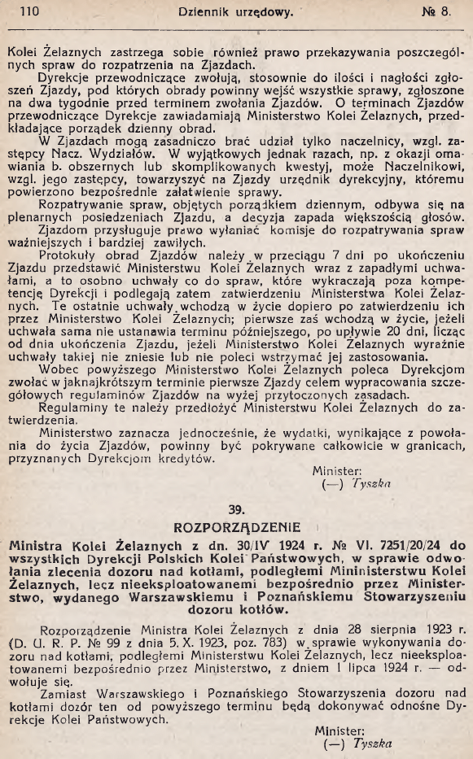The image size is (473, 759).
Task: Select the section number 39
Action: pyautogui.click(x=236, y=509)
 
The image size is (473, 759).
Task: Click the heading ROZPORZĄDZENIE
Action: pyautogui.click(x=236, y=526)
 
